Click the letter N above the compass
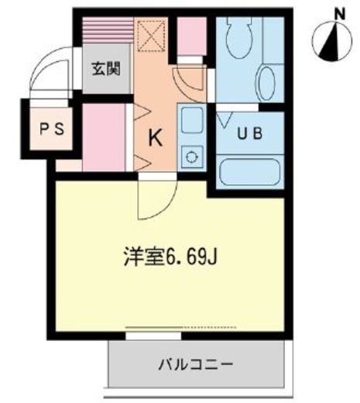click(338, 11)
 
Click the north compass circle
click(334, 40)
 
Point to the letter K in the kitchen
click(155, 138)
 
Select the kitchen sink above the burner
click(191, 122)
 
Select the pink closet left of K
click(104, 136)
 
